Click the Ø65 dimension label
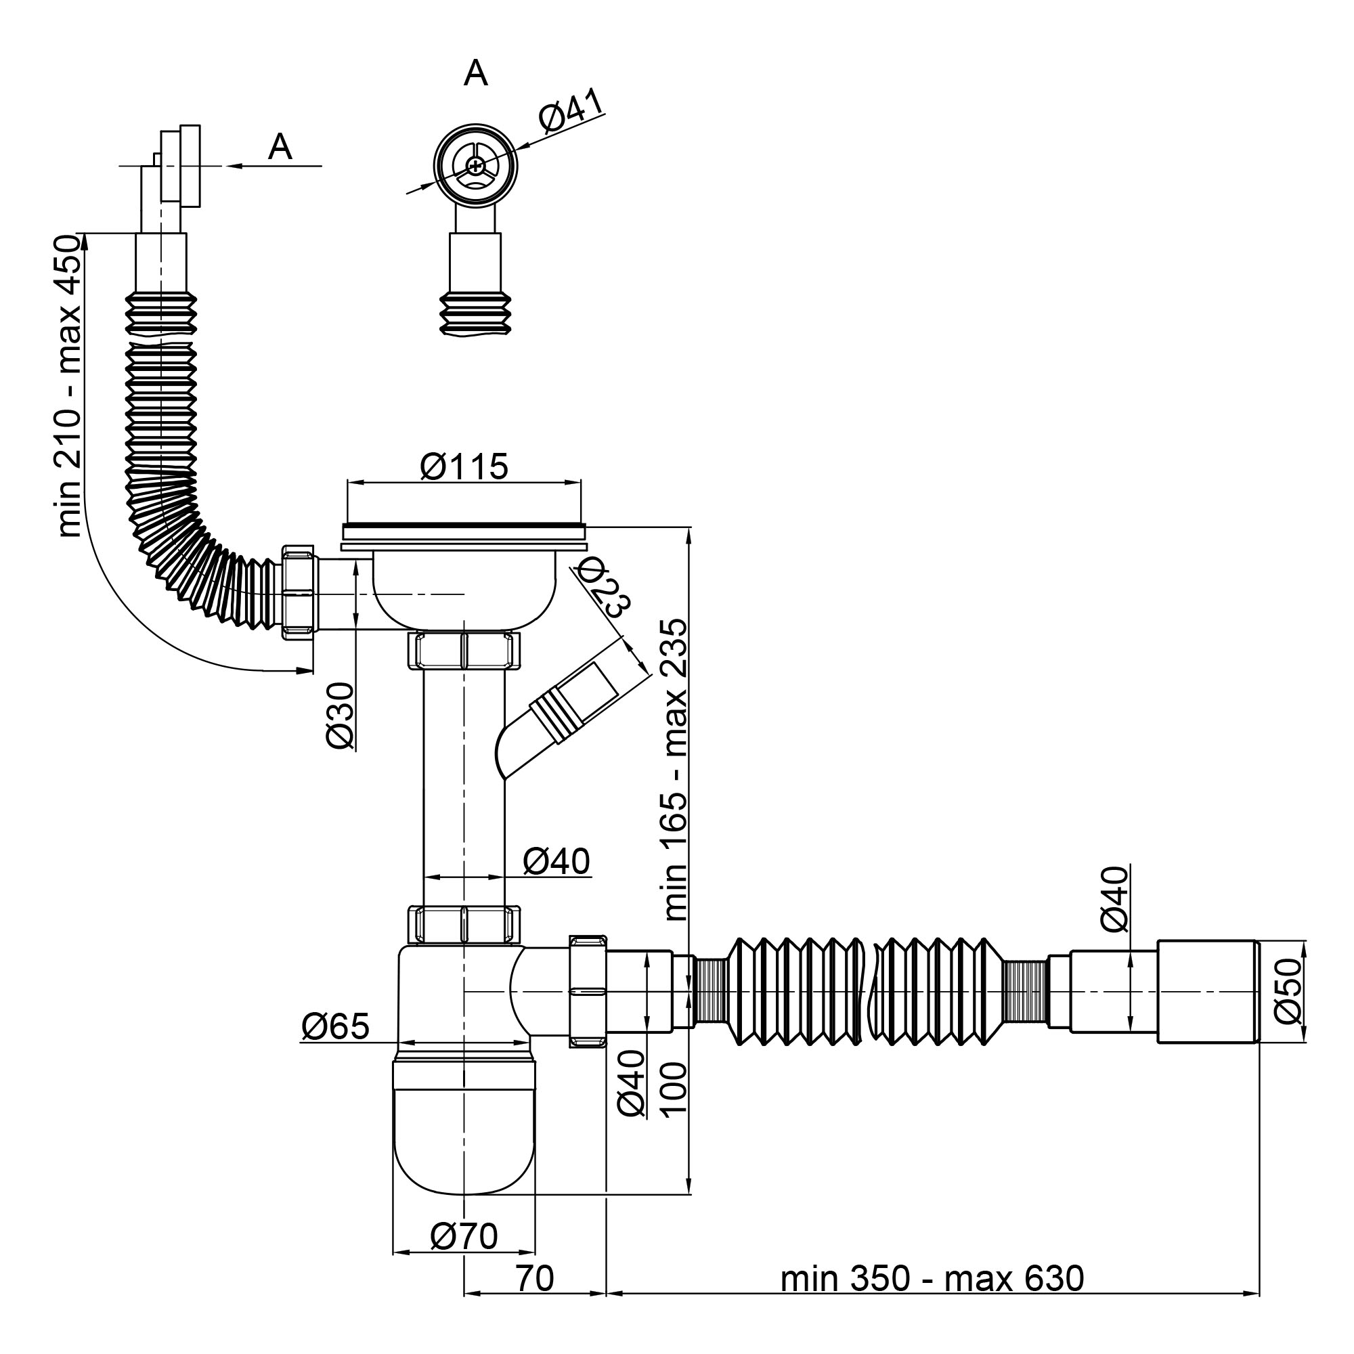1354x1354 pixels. point(335,1027)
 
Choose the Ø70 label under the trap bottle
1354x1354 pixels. point(464,1237)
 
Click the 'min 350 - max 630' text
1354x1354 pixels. point(932,1298)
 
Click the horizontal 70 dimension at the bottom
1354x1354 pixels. point(536,1298)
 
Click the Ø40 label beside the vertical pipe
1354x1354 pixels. point(557,860)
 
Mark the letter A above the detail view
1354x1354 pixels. point(476,73)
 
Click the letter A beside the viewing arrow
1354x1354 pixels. point(280,147)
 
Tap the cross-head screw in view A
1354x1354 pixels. point(475,166)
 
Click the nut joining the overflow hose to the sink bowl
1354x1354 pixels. point(299,593)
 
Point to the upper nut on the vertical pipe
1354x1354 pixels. point(464,650)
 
